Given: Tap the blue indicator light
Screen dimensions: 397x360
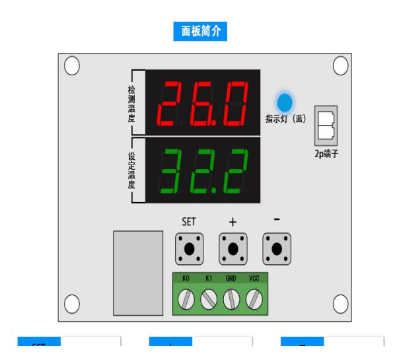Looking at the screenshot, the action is pyautogui.click(x=285, y=102).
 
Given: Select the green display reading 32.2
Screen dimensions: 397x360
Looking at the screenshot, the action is pyautogui.click(x=203, y=170).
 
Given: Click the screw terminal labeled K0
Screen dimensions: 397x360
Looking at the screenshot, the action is pyautogui.click(x=187, y=301).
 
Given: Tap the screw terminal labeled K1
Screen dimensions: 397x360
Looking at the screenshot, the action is pyautogui.click(x=209, y=301).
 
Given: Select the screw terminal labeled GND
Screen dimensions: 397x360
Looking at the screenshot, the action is pyautogui.click(x=231, y=301).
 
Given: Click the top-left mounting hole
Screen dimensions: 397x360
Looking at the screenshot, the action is pyautogui.click(x=72, y=65).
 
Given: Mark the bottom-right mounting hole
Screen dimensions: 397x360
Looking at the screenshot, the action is pyautogui.click(x=340, y=303).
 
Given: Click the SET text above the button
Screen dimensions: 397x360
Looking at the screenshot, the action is pyautogui.click(x=190, y=222).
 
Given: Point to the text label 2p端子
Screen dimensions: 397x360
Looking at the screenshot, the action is pyautogui.click(x=327, y=158).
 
